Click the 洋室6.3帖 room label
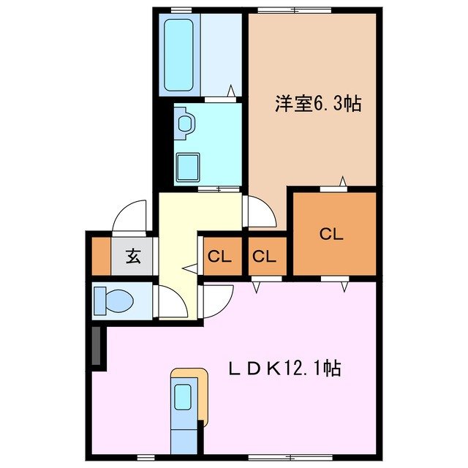click(x=318, y=104)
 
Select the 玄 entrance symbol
click(x=132, y=257)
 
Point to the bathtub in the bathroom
click(x=178, y=55)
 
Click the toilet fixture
click(x=113, y=300)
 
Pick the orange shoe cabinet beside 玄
click(x=100, y=256)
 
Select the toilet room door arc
click(x=168, y=300)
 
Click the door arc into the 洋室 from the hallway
click(x=257, y=213)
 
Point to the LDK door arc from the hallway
click(x=218, y=298)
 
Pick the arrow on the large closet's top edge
click(x=342, y=181)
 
